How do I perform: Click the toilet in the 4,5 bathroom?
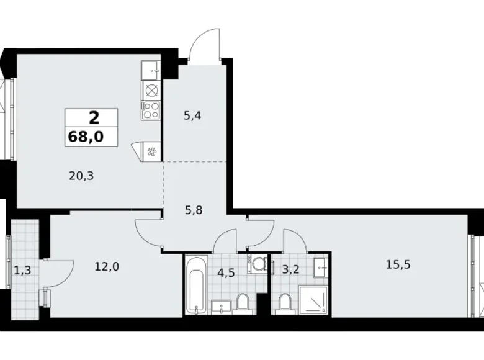click(x=243, y=304)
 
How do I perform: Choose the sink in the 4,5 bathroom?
click(x=222, y=305)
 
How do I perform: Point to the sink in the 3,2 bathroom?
click(x=321, y=268)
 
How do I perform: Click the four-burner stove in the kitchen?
click(x=151, y=110)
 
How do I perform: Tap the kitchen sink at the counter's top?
click(x=151, y=70)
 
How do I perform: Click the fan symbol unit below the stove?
click(x=150, y=151)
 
